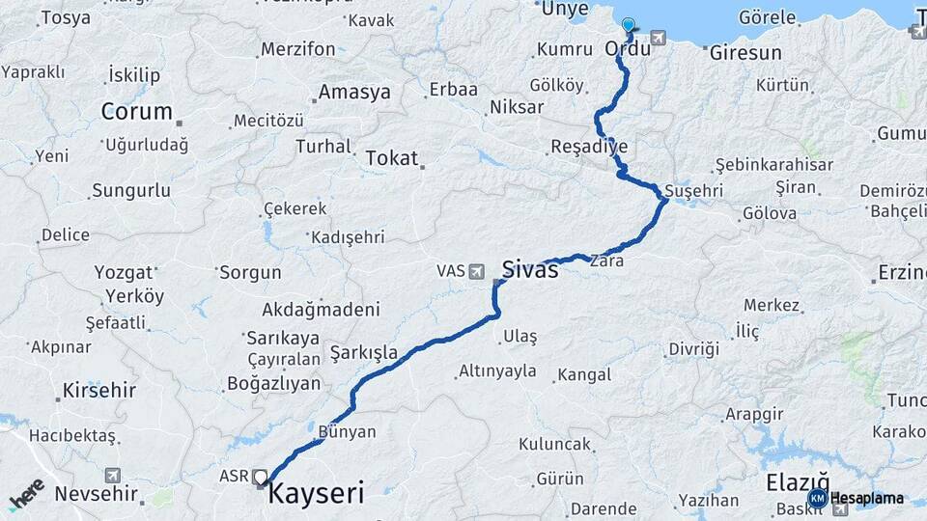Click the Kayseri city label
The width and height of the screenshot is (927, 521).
click(x=316, y=495)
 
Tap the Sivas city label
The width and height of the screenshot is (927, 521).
click(x=530, y=270)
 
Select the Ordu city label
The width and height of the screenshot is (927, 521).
click(x=627, y=48)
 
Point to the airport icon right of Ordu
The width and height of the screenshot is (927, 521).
click(x=659, y=39)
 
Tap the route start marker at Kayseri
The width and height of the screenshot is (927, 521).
click(x=261, y=477)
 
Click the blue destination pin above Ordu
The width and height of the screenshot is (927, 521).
click(x=629, y=26)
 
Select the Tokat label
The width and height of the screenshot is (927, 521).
click(x=391, y=159)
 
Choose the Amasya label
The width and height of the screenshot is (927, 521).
click(x=354, y=93)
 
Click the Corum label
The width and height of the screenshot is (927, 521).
click(x=136, y=111)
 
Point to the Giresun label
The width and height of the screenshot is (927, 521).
click(x=745, y=53)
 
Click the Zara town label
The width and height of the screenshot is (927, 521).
click(x=606, y=260)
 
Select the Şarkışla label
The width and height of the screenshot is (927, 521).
click(x=363, y=353)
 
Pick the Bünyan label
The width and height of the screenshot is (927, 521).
click(x=347, y=431)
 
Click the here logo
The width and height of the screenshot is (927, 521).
click(x=27, y=494)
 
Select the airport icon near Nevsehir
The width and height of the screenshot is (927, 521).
click(x=113, y=476)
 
